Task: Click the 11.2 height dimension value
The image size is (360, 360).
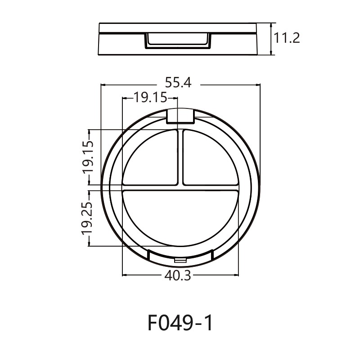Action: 287,38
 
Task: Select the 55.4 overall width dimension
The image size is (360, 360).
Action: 178,83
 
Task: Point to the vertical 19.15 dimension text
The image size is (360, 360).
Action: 88,157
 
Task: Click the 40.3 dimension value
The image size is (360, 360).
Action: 178,276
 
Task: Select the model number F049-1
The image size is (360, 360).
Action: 180,323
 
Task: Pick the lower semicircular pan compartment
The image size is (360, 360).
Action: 180,216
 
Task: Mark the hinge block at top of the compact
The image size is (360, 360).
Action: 180,116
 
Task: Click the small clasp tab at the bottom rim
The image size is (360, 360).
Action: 180,261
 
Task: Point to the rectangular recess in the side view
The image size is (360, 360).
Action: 178,41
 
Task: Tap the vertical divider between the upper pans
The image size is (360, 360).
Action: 180,157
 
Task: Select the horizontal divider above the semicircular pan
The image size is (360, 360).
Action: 180,187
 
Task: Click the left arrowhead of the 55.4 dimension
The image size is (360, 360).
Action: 103,84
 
